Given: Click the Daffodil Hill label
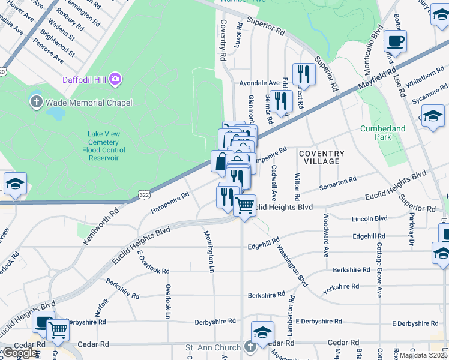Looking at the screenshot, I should tap(85, 80).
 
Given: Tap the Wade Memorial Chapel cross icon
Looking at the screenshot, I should tap(36, 102).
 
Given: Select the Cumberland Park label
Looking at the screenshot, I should tap(382, 133).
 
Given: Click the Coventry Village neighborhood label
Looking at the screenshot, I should tap(322, 157).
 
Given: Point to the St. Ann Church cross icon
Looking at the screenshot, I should tap(250, 347).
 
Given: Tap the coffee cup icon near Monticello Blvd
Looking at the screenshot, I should tap(396, 42).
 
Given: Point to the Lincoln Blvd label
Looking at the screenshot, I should tap(370, 218).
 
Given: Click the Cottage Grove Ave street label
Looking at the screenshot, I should tap(379, 269).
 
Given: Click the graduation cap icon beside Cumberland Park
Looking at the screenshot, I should tap(433, 116).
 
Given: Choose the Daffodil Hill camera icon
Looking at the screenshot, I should tap(115, 79).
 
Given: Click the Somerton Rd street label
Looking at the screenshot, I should tap(338, 181).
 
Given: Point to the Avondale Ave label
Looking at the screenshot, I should tap(260, 83).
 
